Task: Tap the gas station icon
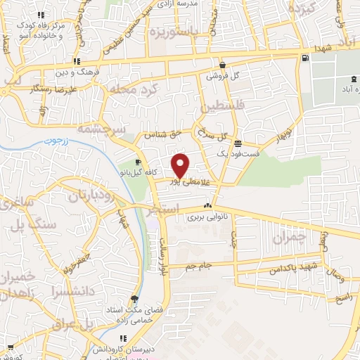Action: click(x=304, y=58)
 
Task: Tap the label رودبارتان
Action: click(x=91, y=196)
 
